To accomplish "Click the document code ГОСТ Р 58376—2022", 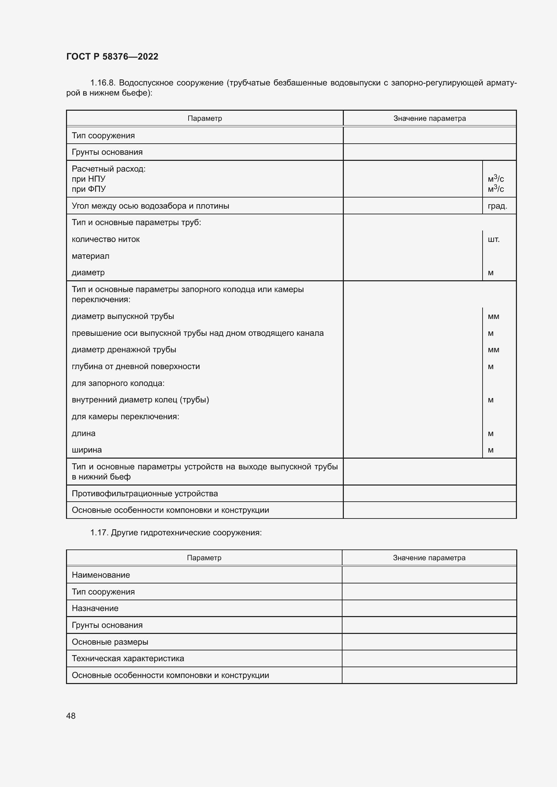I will (112, 57).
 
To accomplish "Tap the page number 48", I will (71, 716).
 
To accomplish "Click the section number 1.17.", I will (99, 532).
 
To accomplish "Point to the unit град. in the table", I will (497, 206).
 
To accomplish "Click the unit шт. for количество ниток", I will (493, 239).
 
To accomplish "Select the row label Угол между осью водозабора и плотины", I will (150, 206).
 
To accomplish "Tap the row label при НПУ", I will (89, 179).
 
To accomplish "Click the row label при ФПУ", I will (89, 189).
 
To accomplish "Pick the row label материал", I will (91, 256).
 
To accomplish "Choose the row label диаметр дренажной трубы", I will (124, 350).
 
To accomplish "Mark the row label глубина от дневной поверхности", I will (135, 366).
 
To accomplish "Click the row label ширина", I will (87, 450).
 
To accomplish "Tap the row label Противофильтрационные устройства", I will (145, 494).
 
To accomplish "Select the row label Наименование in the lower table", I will (101, 575).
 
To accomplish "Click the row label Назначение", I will (95, 608).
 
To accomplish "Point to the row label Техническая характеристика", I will (128, 658).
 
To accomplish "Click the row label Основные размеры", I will (110, 642).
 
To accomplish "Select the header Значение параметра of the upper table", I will (429, 118).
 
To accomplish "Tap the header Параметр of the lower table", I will (204, 558).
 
